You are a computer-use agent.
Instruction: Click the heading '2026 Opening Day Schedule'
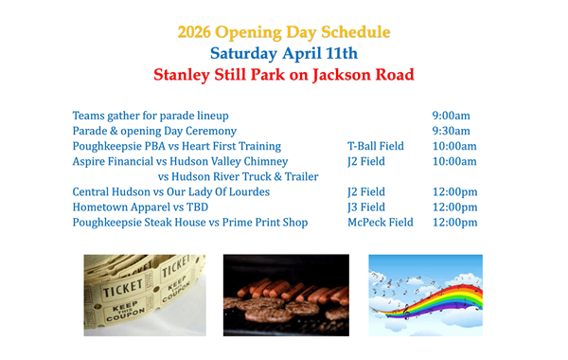point(283,31)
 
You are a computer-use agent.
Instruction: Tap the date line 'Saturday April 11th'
point(283,52)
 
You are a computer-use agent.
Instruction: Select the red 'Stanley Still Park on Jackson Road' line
point(283,74)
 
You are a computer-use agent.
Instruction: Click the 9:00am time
point(451,116)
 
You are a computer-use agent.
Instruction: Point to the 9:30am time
point(451,131)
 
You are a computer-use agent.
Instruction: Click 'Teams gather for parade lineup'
point(151,116)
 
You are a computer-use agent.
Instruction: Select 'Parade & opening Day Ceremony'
point(154,131)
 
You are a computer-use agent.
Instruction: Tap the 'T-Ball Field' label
point(376,146)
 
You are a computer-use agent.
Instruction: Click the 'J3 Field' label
point(366,207)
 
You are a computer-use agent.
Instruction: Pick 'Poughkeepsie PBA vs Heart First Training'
point(177,146)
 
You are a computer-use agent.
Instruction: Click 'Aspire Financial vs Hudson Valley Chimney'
point(180,161)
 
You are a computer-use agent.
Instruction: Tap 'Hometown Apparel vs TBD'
point(140,207)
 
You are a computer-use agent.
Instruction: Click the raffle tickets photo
point(144,295)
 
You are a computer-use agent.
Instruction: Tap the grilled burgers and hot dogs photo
point(286,295)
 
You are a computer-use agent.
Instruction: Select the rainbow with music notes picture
point(425,295)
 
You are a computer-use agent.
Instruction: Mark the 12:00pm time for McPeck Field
point(454,222)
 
